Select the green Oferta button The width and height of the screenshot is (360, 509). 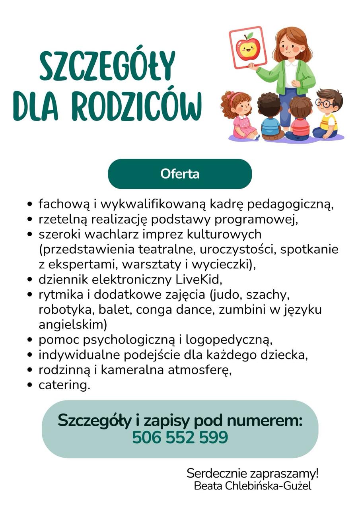tap(180, 174)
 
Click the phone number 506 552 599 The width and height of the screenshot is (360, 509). tap(180, 437)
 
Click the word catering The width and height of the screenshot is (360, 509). tap(64, 385)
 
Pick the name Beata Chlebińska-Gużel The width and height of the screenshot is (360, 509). tap(253, 486)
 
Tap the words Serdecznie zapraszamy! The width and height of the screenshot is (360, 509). tap(253, 474)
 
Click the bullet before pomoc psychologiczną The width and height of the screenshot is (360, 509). tap(29, 340)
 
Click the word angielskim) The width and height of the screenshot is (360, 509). tap(73, 324)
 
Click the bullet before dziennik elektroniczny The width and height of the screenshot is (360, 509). tap(29, 280)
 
